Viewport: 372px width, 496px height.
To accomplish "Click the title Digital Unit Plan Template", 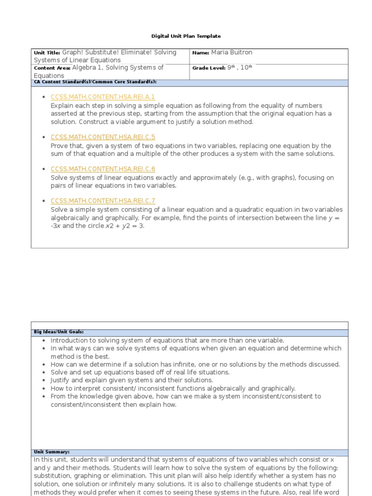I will tap(186, 36).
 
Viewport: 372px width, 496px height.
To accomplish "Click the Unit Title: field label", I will tap(47, 53).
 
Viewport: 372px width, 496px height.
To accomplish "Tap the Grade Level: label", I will tap(209, 68).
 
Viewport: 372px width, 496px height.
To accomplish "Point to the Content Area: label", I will tap(52, 68).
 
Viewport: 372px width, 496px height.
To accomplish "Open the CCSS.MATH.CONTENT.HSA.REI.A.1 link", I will tap(103, 97).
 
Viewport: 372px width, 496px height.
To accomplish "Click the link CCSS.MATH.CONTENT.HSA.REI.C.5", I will tap(103, 137).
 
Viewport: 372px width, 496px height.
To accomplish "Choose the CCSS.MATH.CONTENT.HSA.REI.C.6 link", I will tap(103, 169).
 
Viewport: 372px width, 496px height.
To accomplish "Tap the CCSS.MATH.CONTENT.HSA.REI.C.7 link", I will tap(103, 201).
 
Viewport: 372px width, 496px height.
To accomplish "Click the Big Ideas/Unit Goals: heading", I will tap(59, 332).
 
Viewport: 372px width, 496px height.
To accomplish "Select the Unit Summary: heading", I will tap(52, 452).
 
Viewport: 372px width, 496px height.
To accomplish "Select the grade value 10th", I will tap(247, 68).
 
